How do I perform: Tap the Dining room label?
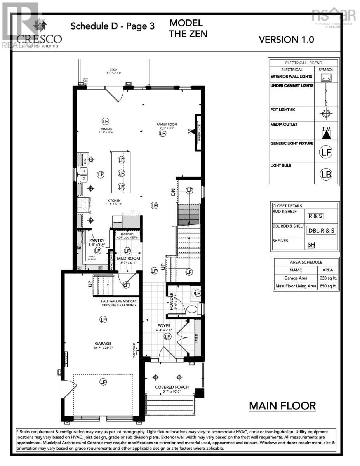106,129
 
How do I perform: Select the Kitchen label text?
115,201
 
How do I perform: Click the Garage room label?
103,343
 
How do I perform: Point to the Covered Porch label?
172,387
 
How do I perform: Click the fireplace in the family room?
198,133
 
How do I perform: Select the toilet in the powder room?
193,310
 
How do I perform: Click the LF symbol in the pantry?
97,251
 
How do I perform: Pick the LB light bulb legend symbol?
326,174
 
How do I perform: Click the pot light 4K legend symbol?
326,114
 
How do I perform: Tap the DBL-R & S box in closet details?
321,230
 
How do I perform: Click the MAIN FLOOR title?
282,406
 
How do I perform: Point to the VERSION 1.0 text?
286,39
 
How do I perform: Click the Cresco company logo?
39,35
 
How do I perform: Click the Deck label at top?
113,70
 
